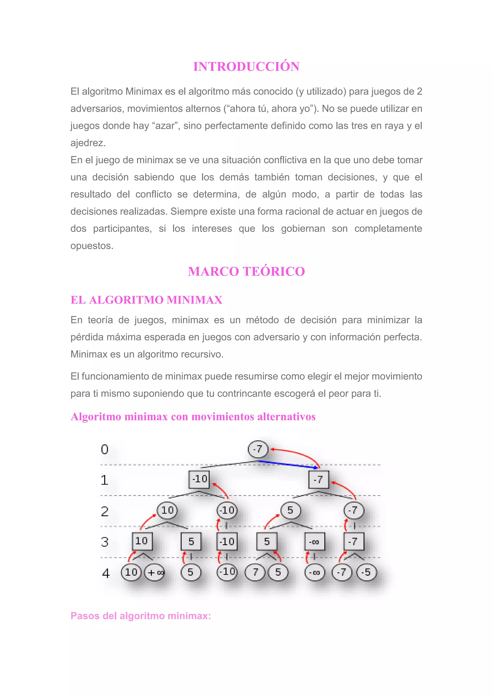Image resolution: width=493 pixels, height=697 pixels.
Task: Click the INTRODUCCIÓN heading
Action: [246, 67]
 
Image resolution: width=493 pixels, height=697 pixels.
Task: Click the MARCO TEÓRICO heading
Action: [246, 271]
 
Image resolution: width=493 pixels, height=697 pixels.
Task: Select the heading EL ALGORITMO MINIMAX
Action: [146, 300]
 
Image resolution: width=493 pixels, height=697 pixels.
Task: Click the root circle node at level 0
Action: [258, 449]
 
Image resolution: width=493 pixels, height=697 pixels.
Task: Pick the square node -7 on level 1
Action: [318, 480]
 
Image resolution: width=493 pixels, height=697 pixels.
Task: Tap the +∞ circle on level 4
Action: [155, 572]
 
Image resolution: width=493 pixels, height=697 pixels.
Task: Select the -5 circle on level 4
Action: [366, 572]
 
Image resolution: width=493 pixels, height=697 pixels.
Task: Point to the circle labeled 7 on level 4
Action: [255, 572]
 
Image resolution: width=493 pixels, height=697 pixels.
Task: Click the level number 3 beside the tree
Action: [105, 542]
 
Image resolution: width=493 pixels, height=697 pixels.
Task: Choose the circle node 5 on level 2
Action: [291, 510]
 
